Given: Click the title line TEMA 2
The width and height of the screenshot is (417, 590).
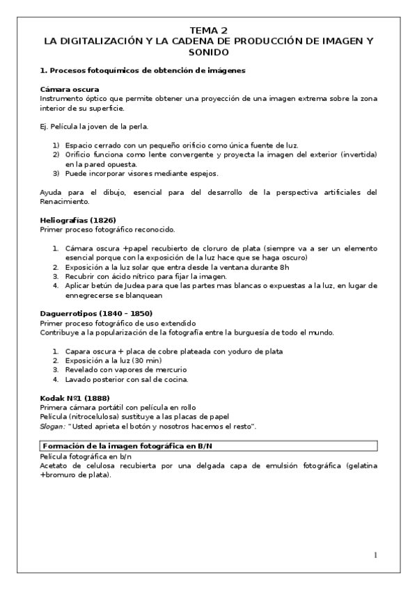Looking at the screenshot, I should point(209,31).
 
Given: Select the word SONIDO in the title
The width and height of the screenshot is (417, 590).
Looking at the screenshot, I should point(209,52).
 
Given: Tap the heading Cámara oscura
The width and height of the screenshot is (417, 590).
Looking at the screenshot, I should point(70,89).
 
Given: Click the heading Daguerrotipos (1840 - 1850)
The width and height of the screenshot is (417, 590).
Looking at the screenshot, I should point(96,314).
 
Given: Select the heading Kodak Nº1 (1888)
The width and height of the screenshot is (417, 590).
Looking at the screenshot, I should point(74,398).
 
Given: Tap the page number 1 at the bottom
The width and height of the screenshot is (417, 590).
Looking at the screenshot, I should point(375,555).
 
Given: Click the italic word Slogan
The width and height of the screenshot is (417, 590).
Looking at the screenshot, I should point(52,426).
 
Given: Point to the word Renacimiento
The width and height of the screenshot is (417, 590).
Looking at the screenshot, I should point(65,202).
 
